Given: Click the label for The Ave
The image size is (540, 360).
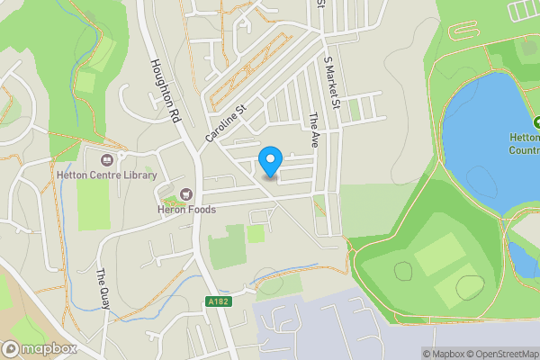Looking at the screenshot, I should [x=314, y=130].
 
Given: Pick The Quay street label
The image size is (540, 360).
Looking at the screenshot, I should [x=103, y=289].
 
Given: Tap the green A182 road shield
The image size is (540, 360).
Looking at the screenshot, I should [x=219, y=301].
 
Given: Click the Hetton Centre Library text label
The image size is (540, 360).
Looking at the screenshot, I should [x=106, y=175].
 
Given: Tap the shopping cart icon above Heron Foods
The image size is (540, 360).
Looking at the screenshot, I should [x=187, y=193].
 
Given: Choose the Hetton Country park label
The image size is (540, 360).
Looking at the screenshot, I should [x=524, y=144].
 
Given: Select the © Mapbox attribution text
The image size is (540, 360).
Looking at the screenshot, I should [x=442, y=354].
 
